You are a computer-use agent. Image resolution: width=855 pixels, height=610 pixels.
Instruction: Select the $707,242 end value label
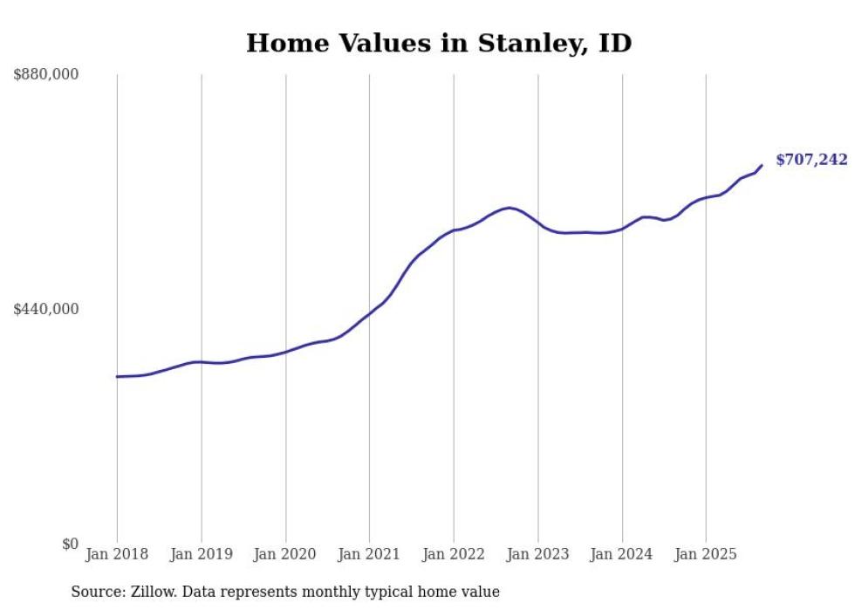[x=811, y=160]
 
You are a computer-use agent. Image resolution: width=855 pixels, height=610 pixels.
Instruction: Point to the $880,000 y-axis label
[x=46, y=75]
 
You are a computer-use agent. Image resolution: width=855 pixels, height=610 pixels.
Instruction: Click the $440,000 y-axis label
[x=46, y=309]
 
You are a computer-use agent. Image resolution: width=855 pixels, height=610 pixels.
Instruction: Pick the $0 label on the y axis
[x=70, y=544]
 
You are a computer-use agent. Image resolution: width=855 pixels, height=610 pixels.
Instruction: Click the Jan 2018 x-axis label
[x=117, y=554]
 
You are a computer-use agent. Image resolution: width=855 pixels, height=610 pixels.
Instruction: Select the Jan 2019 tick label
[x=202, y=554]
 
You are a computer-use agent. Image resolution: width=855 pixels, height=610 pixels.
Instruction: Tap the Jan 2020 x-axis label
[x=285, y=554]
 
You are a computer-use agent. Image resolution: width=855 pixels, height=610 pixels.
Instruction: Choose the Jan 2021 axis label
[x=369, y=554]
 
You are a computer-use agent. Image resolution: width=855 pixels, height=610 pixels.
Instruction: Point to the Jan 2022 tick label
[x=454, y=554]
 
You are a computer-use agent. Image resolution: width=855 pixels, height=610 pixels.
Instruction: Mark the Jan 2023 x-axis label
[x=537, y=554]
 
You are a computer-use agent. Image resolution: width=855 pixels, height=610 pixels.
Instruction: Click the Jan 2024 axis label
[x=622, y=554]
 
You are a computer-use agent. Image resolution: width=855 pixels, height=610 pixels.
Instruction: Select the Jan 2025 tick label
[x=706, y=554]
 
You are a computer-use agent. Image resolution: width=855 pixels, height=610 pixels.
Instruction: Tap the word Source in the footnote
[x=96, y=592]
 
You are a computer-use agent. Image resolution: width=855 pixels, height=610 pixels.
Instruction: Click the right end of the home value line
[x=762, y=165]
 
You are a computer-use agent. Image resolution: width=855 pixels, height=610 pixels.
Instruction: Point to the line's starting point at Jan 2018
[x=117, y=377]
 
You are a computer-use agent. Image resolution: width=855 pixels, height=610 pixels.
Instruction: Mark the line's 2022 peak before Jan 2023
[x=509, y=208]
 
